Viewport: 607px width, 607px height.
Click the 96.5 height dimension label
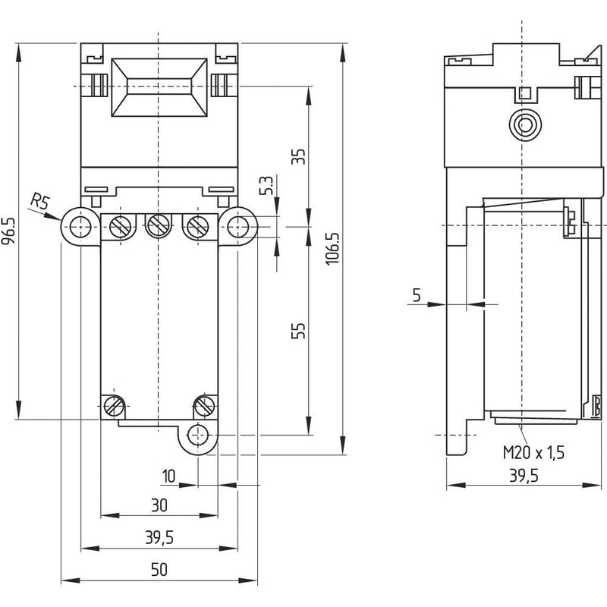click(9, 231)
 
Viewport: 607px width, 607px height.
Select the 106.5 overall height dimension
click(332, 249)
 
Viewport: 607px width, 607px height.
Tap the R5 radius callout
click(41, 201)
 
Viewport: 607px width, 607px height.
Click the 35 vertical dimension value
click(298, 156)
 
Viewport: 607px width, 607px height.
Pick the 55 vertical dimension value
click(298, 330)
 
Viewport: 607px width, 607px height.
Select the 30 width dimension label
click(159, 505)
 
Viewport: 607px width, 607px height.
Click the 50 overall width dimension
click(159, 570)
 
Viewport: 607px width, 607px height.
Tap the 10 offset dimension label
click(168, 476)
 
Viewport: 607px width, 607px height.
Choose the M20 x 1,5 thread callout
click(533, 452)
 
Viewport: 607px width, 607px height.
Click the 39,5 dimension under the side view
click(524, 476)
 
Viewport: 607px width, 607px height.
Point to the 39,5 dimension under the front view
click(159, 537)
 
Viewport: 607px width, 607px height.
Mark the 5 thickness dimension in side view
click(417, 295)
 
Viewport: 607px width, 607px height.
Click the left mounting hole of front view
click(80, 226)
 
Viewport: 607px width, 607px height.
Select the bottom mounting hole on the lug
click(198, 435)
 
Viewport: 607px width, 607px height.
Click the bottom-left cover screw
click(114, 407)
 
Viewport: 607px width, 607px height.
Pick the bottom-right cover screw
click(204, 407)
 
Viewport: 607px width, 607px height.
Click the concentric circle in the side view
click(525, 124)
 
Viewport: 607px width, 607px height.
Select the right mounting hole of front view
click(237, 226)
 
